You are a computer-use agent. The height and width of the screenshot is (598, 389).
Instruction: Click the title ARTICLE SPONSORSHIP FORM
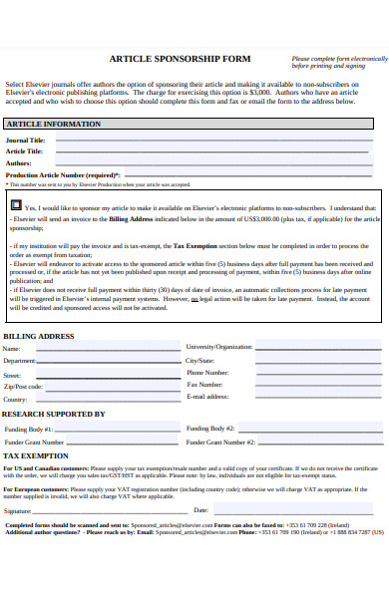point(180,59)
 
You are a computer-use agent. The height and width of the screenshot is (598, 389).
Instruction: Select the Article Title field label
point(25,151)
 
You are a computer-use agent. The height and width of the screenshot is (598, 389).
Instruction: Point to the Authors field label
point(19,162)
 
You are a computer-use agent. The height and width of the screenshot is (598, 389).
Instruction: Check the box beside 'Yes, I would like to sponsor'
point(16,205)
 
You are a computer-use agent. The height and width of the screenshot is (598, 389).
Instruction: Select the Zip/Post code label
point(23,386)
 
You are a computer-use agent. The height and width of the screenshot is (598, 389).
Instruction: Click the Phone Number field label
point(207,373)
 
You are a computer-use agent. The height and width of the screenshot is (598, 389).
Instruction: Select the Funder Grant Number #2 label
point(220,441)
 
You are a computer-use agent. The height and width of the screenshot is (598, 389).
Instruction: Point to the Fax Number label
point(204,385)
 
